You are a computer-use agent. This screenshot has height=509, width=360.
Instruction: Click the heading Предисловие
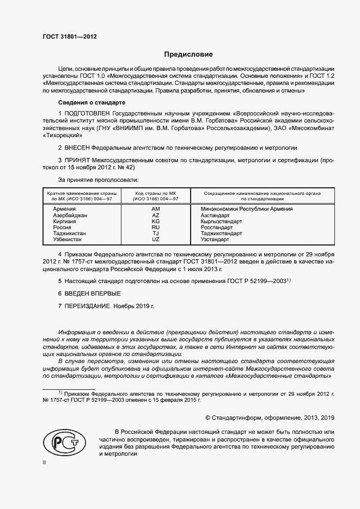pyautogui.click(x=188, y=54)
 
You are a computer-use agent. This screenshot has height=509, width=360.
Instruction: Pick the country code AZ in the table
pyautogui.click(x=156, y=216)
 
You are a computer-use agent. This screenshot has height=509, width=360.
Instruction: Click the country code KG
pyautogui.click(x=156, y=222)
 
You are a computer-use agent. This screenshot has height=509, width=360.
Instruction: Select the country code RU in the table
pyautogui.click(x=156, y=228)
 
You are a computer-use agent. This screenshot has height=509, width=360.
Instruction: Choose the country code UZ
pyautogui.click(x=156, y=240)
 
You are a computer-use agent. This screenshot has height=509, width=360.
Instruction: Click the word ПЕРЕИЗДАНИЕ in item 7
pyautogui.click(x=88, y=306)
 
